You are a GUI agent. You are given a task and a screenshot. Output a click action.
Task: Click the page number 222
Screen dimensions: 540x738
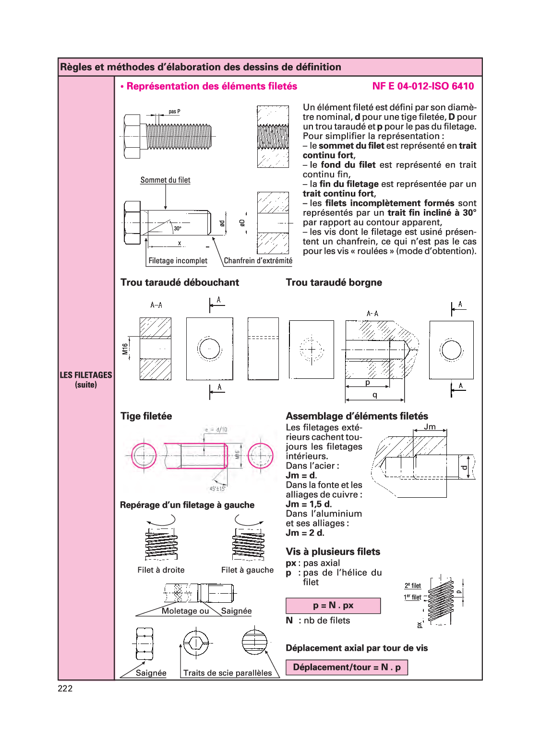click(x=65, y=688)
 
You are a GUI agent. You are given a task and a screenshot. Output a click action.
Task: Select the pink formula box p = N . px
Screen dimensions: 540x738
click(x=333, y=606)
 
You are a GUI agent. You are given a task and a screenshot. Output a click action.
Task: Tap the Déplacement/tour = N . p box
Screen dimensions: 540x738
click(x=347, y=667)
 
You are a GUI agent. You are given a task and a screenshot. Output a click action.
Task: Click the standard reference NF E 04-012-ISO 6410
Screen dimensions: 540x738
click(x=423, y=86)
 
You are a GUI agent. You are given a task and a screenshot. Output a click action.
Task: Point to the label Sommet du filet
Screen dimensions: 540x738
click(x=165, y=180)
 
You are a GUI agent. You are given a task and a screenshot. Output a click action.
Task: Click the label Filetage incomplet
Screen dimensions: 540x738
click(x=178, y=260)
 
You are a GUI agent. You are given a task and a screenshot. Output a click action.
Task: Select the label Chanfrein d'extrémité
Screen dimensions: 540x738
click(x=258, y=260)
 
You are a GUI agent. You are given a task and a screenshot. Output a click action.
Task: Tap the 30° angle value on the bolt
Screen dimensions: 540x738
click(x=178, y=228)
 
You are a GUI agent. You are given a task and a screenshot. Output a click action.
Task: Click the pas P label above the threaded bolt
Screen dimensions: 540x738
click(x=175, y=111)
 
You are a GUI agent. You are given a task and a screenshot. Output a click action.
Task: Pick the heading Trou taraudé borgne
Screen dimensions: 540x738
click(x=334, y=282)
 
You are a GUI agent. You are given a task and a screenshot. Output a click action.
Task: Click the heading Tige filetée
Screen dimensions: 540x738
click(x=146, y=416)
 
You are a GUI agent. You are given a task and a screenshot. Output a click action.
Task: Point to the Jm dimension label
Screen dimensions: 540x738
click(x=430, y=427)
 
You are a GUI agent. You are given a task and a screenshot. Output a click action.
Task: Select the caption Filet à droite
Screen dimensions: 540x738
click(x=161, y=570)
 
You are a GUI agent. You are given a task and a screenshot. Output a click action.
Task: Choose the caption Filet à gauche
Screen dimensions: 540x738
click(x=247, y=570)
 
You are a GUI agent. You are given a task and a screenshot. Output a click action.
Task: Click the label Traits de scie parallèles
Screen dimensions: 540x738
click(x=228, y=673)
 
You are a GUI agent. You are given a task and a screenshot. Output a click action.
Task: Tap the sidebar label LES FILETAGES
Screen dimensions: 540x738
click(x=86, y=375)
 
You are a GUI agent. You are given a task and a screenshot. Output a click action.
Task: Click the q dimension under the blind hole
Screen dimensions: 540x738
click(x=375, y=395)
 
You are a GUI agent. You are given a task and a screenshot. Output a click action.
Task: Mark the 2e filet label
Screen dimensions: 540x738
click(x=413, y=586)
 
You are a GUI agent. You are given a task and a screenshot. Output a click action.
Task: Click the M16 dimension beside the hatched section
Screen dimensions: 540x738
click(x=125, y=349)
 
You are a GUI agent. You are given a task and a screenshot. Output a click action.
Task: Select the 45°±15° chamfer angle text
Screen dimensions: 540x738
click(x=217, y=489)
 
